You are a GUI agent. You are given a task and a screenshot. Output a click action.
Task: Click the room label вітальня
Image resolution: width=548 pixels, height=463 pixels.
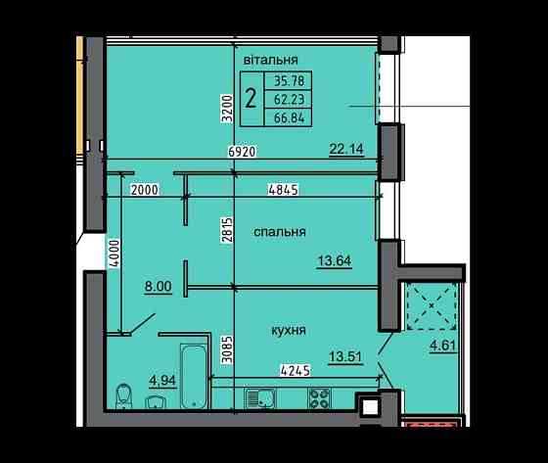[x=271, y=60]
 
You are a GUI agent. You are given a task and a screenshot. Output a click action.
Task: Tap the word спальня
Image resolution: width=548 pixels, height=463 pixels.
[x=280, y=232]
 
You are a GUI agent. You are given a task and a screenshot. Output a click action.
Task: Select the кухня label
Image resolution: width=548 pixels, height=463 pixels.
[x=289, y=330]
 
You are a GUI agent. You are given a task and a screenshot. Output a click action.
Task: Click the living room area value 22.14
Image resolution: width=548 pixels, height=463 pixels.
[x=346, y=149]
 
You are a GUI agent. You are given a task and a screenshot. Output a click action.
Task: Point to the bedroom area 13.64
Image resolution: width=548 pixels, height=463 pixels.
[x=335, y=260]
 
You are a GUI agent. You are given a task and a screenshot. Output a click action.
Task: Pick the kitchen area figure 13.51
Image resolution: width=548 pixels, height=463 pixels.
[x=345, y=357]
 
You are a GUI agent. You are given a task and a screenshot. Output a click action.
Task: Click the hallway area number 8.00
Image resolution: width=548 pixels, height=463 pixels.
[x=159, y=287]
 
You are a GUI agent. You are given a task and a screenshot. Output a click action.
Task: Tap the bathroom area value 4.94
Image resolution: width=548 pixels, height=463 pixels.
[x=162, y=381]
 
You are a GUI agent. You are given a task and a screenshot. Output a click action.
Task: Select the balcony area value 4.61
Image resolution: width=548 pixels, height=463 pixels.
[x=443, y=346]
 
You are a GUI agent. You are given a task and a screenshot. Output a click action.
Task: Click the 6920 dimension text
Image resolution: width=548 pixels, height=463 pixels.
[x=243, y=152]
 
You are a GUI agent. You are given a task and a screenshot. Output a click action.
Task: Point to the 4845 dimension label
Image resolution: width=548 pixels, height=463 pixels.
[x=283, y=190]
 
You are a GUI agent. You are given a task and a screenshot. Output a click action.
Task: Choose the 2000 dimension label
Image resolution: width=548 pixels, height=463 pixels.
[x=145, y=190]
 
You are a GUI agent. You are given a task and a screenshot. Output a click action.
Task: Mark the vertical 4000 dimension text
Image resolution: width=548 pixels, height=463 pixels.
[x=115, y=254]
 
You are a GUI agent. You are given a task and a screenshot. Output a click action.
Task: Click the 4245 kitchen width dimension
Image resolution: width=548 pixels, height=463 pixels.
[x=296, y=371]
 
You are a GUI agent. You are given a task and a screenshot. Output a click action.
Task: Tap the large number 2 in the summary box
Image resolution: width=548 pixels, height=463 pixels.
[x=251, y=98]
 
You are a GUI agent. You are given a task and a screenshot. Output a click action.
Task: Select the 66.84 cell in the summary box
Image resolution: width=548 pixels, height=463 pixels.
[x=289, y=117]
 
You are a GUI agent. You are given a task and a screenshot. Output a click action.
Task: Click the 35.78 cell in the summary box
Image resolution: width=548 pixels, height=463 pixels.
[x=289, y=81]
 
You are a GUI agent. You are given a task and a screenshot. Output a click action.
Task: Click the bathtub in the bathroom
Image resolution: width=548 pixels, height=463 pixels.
[x=195, y=376]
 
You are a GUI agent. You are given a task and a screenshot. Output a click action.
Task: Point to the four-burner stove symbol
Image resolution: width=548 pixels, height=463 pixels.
[x=319, y=398]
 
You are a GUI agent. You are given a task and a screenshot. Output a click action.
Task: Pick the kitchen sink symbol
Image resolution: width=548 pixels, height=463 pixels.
[x=260, y=398]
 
